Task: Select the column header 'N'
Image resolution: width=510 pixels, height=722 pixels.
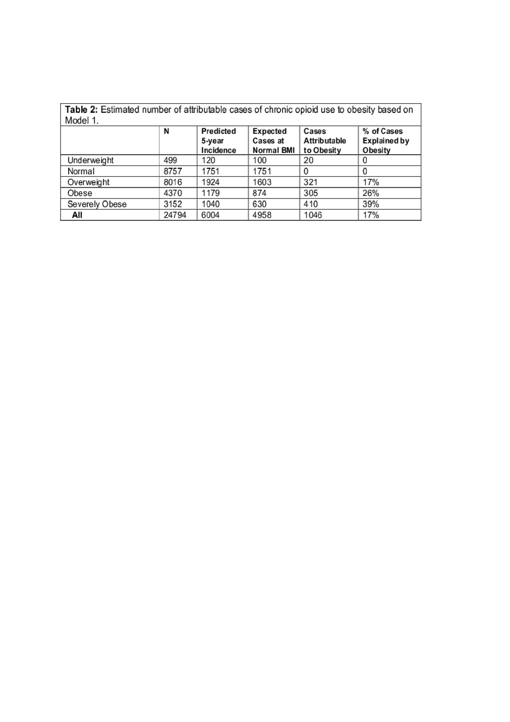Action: (166, 131)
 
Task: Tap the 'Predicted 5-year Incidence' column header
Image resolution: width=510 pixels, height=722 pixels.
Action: (218, 141)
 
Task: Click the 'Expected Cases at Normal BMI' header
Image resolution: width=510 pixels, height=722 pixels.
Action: (273, 141)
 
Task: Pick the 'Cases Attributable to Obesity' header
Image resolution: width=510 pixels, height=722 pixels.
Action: (324, 141)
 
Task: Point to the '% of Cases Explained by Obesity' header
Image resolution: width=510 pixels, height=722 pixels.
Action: (385, 141)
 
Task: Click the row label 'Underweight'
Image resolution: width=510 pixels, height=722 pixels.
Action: (90, 160)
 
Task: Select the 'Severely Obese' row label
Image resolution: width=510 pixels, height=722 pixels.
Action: (97, 204)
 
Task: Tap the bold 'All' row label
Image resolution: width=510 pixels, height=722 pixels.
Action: (77, 215)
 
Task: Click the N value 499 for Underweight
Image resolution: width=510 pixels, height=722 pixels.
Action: (170, 160)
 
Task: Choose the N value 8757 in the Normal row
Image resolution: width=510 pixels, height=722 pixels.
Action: (173, 171)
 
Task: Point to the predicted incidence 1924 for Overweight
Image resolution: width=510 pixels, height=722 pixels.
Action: (210, 182)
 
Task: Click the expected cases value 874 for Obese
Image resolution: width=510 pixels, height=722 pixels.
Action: (259, 193)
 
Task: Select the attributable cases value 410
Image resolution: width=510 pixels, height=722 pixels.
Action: (310, 204)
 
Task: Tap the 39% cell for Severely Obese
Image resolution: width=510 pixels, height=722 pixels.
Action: (371, 204)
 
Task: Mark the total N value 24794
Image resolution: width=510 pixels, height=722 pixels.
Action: (175, 215)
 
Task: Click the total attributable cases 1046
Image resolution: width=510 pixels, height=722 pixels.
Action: (313, 215)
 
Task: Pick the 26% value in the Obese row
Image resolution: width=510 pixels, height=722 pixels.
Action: (371, 193)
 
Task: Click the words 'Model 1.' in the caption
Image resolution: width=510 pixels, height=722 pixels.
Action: (82, 120)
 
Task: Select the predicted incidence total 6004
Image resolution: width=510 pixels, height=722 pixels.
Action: (210, 215)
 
